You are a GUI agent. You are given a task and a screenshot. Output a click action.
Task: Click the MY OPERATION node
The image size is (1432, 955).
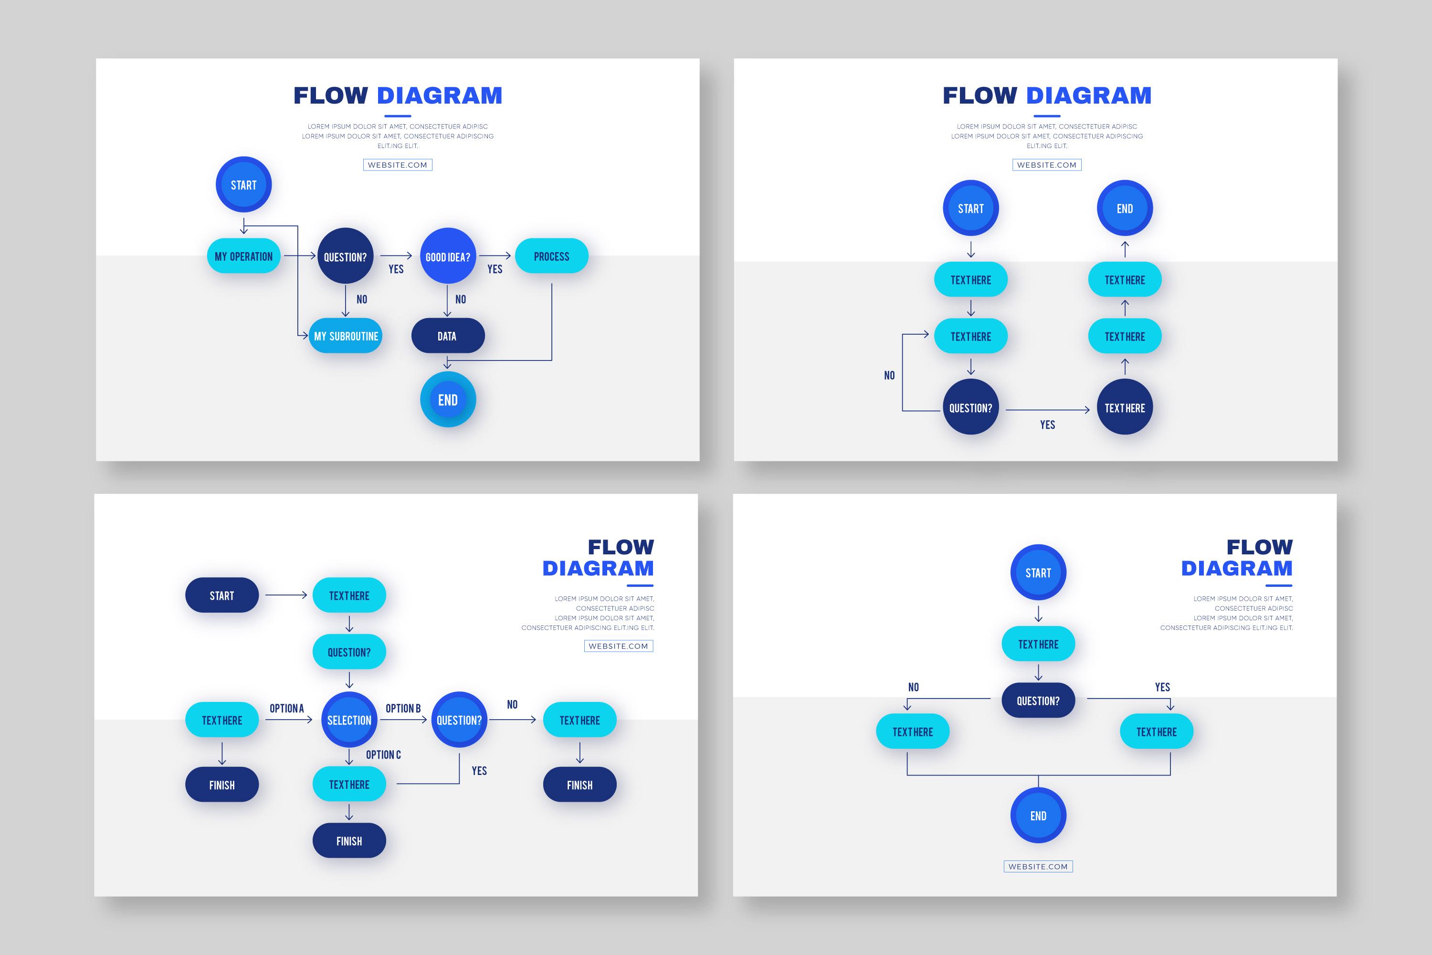point(243,256)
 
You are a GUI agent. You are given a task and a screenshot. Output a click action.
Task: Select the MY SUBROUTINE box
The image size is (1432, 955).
point(345,336)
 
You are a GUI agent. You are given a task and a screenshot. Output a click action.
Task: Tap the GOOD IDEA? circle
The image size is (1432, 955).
point(448,256)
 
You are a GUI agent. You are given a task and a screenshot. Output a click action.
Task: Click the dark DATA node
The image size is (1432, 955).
point(448,336)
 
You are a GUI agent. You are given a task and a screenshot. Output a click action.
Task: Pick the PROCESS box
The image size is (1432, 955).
point(551,256)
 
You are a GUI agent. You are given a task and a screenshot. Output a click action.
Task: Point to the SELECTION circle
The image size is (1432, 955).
point(349,720)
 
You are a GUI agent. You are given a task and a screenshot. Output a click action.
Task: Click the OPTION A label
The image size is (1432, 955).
point(286,708)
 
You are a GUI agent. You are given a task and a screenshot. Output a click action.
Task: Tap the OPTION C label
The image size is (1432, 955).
point(383,754)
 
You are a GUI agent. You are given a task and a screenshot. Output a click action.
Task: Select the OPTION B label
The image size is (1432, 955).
point(402,708)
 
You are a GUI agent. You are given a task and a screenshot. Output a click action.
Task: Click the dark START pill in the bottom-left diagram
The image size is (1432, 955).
point(221,595)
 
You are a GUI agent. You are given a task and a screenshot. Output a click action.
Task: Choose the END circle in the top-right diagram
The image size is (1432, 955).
point(1125,208)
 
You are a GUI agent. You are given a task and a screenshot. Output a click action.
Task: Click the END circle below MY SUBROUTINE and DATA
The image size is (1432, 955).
point(448,400)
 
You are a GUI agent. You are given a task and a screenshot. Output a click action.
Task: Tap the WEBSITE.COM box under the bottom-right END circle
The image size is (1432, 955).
point(1038,866)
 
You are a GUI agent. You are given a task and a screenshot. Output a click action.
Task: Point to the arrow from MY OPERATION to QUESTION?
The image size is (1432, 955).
point(300,256)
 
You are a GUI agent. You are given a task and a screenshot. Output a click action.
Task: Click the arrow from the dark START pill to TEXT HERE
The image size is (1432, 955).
point(285,595)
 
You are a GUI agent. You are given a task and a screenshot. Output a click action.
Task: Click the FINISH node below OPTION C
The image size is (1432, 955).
point(349,841)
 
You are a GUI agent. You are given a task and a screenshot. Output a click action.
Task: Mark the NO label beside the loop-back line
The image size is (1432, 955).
point(889,375)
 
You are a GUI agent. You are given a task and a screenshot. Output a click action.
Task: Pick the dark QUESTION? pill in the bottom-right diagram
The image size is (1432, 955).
point(1038,701)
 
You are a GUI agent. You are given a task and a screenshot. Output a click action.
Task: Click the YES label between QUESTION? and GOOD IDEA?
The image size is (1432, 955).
point(396,269)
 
